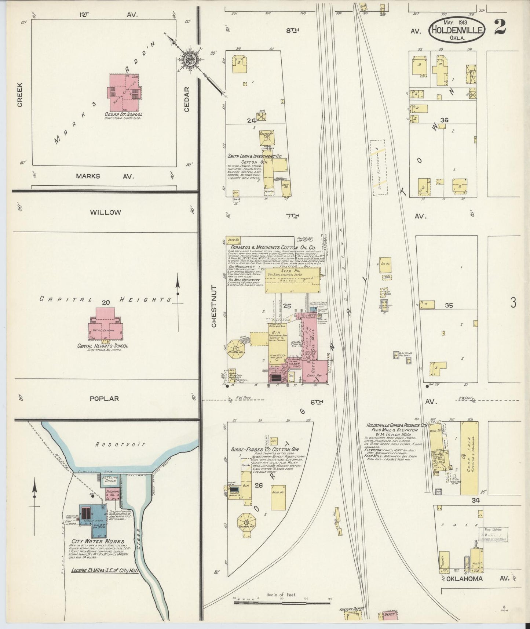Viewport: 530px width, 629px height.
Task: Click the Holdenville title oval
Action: tap(457, 30)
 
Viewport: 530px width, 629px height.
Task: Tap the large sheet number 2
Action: tap(500, 27)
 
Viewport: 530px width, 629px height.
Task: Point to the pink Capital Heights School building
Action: tap(106, 325)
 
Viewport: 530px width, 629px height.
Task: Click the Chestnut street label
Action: tap(214, 306)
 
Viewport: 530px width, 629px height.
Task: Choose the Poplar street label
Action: tap(105, 398)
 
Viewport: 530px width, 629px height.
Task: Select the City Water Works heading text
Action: tap(98, 541)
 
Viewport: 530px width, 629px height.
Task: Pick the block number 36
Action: tap(445, 120)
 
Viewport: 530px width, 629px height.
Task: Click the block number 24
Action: tap(251, 120)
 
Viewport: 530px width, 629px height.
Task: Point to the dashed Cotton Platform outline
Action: tap(379, 167)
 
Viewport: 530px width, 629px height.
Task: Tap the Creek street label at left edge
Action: tap(19, 95)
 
